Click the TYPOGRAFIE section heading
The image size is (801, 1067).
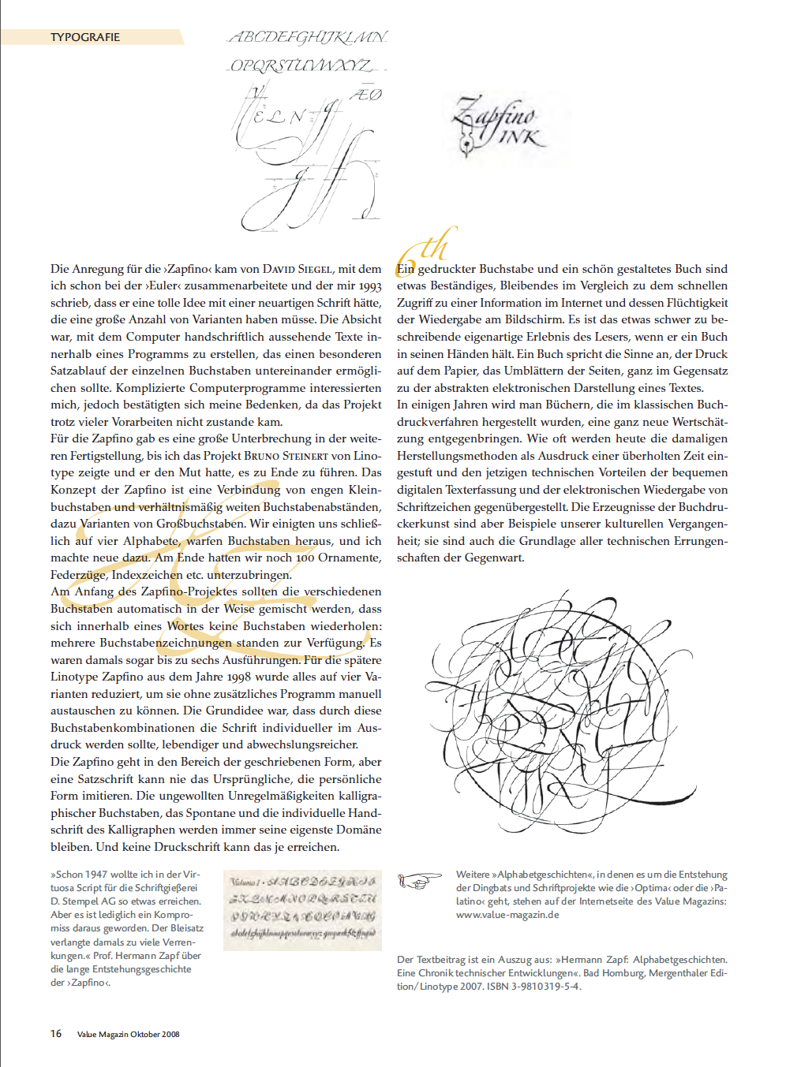tap(85, 37)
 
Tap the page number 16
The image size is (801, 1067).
tap(56, 1033)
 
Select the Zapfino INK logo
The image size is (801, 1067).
tap(498, 124)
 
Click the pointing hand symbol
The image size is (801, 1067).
tap(419, 880)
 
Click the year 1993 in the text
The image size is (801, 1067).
tap(370, 286)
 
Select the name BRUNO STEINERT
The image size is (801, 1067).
tap(286, 456)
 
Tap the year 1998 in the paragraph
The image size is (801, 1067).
tap(236, 677)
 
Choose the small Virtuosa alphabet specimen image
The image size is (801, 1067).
tap(302, 910)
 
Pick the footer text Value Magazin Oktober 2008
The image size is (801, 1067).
tap(128, 1034)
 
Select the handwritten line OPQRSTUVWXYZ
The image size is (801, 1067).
tap(301, 65)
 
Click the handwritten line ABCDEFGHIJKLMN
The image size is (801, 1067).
tap(308, 37)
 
